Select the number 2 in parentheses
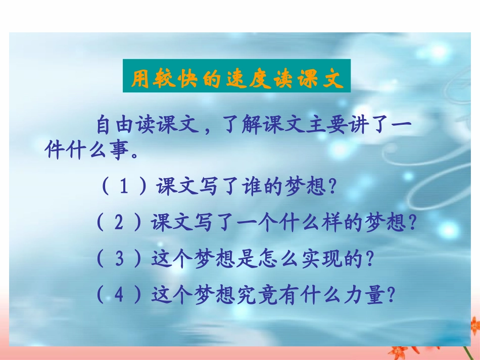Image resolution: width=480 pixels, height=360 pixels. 119,223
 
